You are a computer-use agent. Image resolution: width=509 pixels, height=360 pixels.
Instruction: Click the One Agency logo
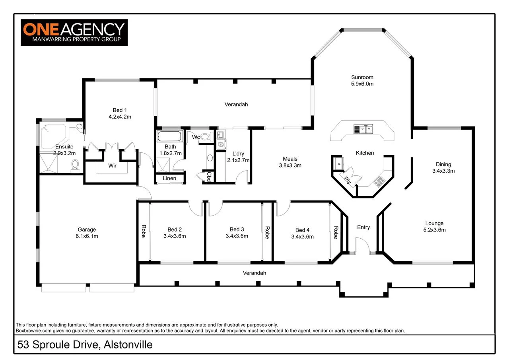(x=74, y=32)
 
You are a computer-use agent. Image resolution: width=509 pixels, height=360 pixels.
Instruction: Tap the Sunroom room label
(x=362, y=77)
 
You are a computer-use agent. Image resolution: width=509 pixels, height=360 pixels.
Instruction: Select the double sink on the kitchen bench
(x=363, y=129)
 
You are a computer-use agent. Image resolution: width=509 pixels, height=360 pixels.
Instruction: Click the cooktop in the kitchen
(x=379, y=182)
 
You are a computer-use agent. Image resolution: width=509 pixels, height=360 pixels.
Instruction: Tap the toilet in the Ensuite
(x=75, y=165)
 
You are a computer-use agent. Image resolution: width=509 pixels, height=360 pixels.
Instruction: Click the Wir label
(x=112, y=165)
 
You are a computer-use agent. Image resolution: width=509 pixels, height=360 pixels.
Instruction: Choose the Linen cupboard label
(x=169, y=178)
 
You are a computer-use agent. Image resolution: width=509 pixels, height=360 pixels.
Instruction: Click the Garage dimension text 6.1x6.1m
(x=87, y=236)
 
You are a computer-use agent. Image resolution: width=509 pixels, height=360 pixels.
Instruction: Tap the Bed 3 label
(x=237, y=229)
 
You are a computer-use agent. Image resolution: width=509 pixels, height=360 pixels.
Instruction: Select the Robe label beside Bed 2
(x=143, y=232)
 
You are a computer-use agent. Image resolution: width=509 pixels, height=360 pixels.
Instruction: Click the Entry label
(x=363, y=227)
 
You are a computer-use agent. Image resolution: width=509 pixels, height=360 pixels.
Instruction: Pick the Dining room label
(x=443, y=164)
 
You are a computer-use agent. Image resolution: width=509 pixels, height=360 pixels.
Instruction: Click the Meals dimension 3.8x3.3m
(x=290, y=165)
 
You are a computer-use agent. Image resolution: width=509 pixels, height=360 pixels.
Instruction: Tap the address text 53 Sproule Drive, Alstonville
(x=84, y=344)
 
